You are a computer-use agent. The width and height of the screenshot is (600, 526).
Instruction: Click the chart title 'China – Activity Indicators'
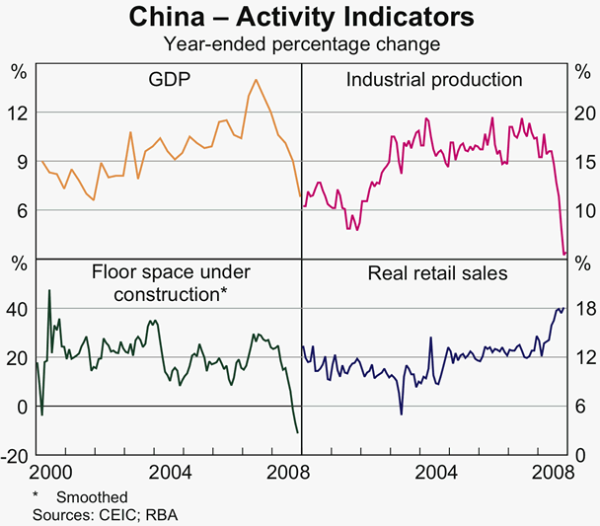pos(301,18)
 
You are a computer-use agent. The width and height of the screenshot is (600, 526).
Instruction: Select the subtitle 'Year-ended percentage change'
pos(301,43)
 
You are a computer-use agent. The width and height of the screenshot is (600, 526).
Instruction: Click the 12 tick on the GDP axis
pos(17,113)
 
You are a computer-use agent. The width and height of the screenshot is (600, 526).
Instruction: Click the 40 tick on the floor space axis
pos(17,309)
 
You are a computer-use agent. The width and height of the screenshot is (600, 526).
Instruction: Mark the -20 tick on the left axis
pos(15,456)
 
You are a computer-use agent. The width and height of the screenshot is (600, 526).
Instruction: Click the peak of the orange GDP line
pos(256,80)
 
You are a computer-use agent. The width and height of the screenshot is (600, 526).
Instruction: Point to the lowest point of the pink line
pos(563,255)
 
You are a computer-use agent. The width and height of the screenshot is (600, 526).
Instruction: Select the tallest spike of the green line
pos(49,290)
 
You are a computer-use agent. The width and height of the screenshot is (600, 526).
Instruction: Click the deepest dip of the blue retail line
pos(401,413)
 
